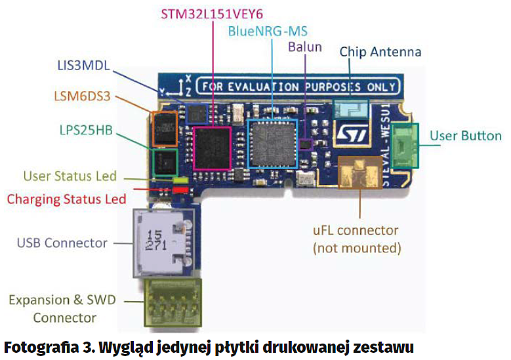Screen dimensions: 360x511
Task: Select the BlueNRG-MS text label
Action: click(268, 31)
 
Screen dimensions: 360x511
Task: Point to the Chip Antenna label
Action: click(380, 51)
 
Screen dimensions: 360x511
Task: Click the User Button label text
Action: click(465, 136)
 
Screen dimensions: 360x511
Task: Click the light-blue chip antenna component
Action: click(349, 108)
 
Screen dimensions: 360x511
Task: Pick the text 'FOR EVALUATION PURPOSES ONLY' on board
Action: click(298, 87)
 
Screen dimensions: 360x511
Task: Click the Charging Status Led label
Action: click(66, 198)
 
